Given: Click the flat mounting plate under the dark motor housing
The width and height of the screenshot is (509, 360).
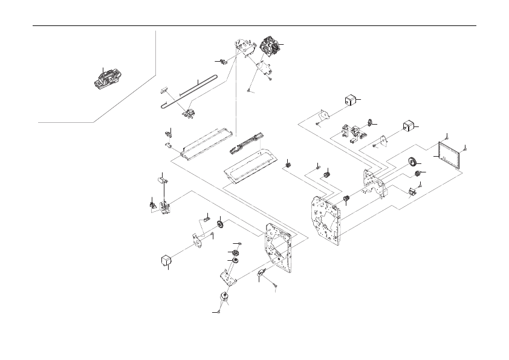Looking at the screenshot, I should point(265,67).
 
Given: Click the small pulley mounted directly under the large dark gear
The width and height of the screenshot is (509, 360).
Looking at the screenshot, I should point(416,174).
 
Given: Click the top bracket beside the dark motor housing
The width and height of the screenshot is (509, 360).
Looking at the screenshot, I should point(243,45).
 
